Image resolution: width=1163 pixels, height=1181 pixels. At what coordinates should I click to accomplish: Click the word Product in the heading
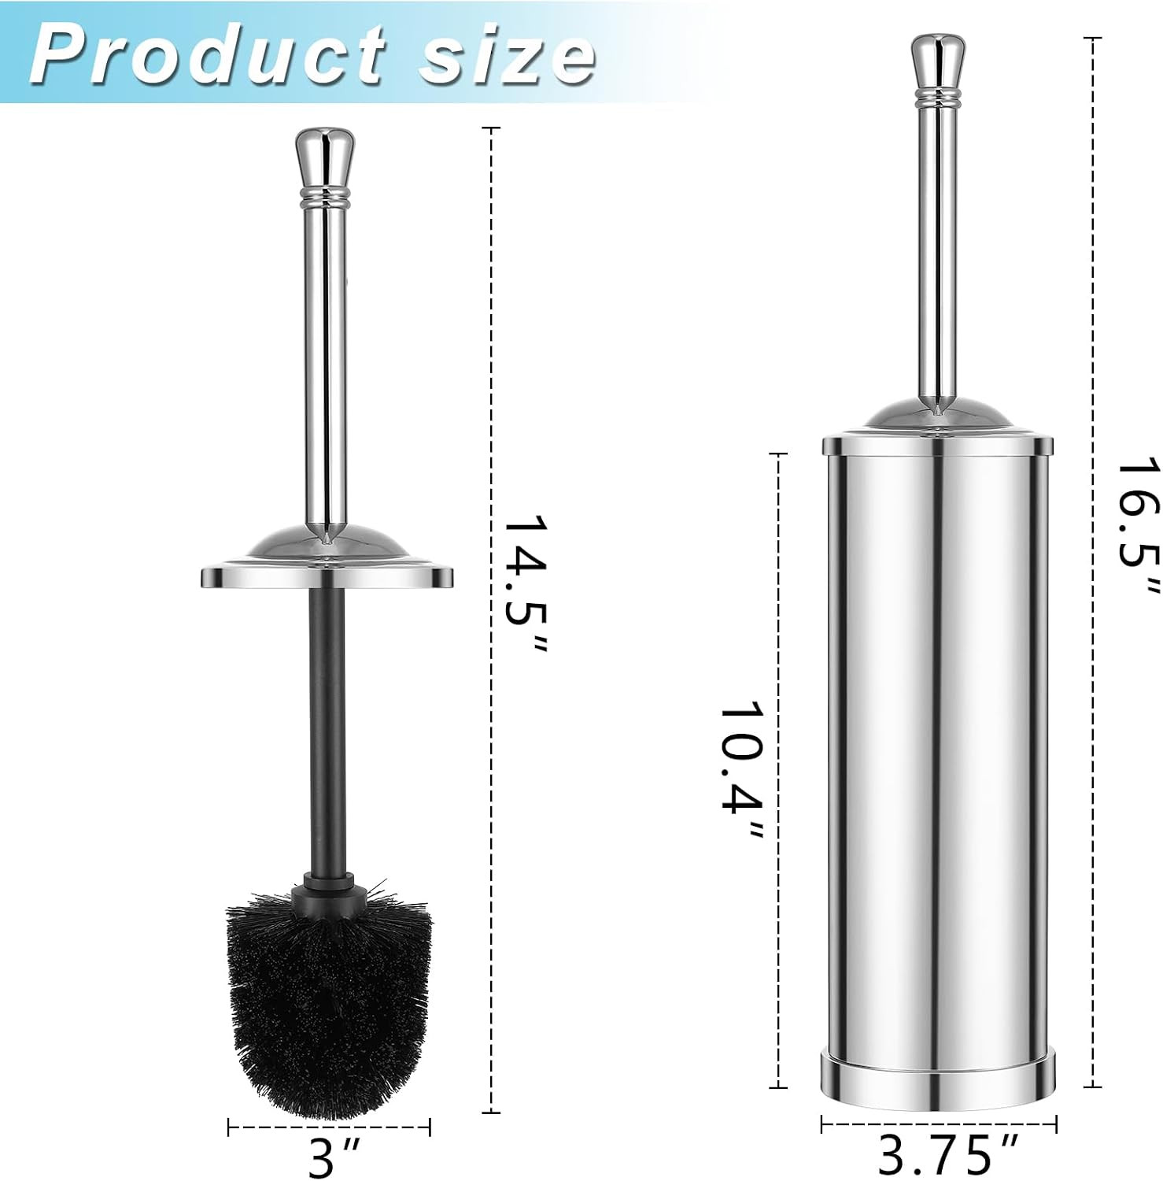(x=207, y=55)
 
